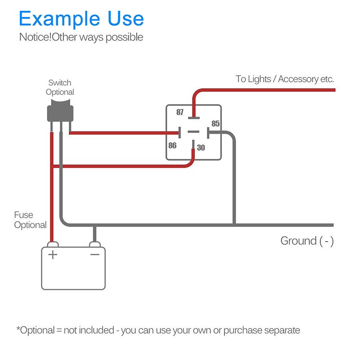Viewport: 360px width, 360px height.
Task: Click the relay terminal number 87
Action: pyautogui.click(x=180, y=112)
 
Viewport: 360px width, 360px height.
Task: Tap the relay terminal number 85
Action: pyautogui.click(x=216, y=123)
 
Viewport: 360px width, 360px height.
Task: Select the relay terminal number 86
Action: pyautogui.click(x=172, y=145)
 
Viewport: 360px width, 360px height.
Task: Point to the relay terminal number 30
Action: pyautogui.click(x=201, y=147)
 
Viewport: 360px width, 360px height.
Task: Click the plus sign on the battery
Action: pyautogui.click(x=53, y=255)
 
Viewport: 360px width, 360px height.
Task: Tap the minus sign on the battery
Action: pyautogui.click(x=95, y=255)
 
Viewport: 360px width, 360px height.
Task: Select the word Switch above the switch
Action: pyautogui.click(x=60, y=83)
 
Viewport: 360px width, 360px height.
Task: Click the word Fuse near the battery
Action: pyautogui.click(x=23, y=215)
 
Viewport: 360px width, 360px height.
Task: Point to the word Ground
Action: pyautogui.click(x=298, y=241)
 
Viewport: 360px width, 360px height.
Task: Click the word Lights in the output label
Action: pyautogui.click(x=261, y=79)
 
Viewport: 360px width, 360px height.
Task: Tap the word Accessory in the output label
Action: pyautogui.click(x=298, y=79)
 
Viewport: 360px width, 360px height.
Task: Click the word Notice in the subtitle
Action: pyautogui.click(x=34, y=37)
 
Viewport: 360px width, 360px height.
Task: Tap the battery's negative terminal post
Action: pyautogui.click(x=94, y=244)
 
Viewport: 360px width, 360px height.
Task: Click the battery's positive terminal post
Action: pyautogui.click(x=52, y=244)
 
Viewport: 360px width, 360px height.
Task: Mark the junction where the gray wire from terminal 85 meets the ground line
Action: pyautogui.click(x=234, y=225)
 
